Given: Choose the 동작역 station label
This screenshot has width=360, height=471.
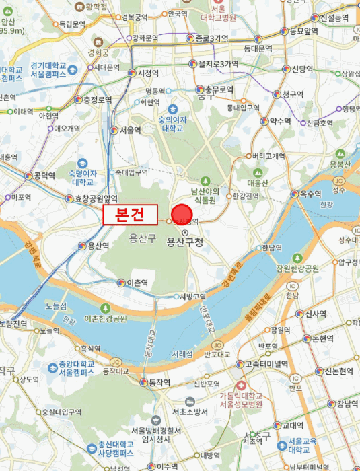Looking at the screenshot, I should pos(159,382).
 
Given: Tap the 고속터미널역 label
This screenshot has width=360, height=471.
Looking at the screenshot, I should pos(266,364).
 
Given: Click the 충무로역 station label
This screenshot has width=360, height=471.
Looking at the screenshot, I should pos(219,89).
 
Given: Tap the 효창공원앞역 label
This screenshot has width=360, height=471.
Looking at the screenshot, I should pos(96,198).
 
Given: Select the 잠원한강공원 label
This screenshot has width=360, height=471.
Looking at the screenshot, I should pos(297,268).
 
